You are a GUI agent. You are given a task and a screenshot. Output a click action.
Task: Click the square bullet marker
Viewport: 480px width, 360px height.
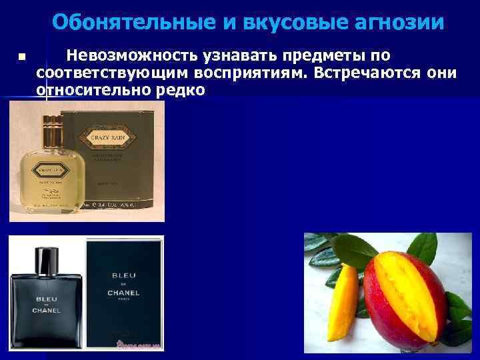(21, 57)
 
